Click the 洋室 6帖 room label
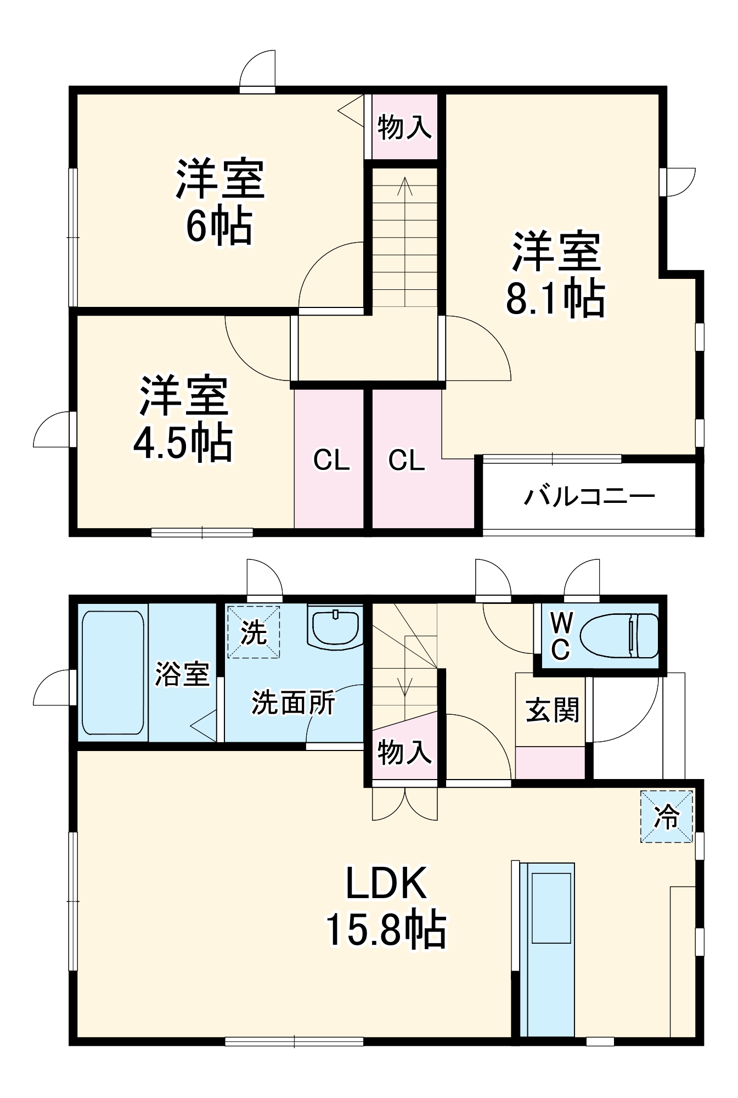click(x=220, y=201)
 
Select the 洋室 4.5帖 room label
click(x=183, y=418)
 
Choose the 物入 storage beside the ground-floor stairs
click(x=404, y=752)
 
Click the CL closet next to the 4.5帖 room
click(x=331, y=460)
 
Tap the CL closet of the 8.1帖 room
click(x=407, y=460)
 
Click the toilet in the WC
click(x=619, y=636)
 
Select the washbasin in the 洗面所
click(x=336, y=628)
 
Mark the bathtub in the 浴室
click(x=113, y=673)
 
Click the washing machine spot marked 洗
click(x=253, y=632)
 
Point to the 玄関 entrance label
click(x=553, y=710)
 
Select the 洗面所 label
click(x=293, y=702)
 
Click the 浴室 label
click(x=182, y=674)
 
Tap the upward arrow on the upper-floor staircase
click(x=405, y=242)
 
